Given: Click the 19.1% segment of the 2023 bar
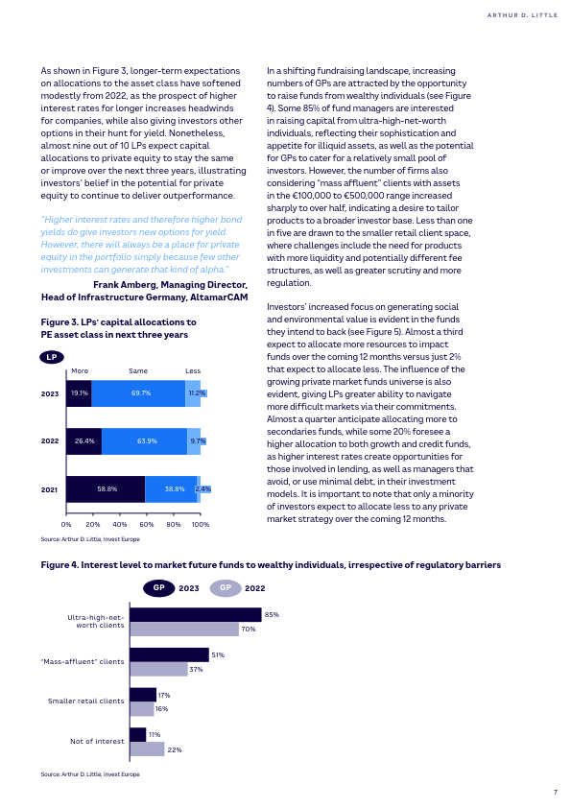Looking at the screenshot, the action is pos(79,393).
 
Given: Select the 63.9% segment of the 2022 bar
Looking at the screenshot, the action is pos(144,441).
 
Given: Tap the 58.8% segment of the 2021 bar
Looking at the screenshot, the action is pos(106,489).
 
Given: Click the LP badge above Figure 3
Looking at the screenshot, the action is pos(52,357).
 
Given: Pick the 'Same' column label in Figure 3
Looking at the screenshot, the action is pos(138,370).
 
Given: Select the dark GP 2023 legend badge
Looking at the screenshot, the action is pos(158,588).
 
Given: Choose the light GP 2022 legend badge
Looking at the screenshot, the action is pos(226,588).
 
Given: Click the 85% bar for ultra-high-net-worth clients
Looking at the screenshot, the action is pos(196,615).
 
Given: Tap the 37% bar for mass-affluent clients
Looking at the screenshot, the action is pos(158,670).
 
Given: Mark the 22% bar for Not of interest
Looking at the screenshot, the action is pos(148,749).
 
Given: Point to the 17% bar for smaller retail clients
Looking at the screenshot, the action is pos(143,695).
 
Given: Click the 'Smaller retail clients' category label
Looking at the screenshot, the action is pos(86,701).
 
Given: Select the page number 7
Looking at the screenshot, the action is pos(556,792).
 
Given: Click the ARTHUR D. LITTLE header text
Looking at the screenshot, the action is pos(523,15).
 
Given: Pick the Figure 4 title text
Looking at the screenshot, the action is pos(271,565).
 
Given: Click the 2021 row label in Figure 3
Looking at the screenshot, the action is pos(50,489).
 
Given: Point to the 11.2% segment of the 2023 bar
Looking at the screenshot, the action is pos(193,393).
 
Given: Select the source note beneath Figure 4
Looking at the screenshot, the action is pos(90,774).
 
